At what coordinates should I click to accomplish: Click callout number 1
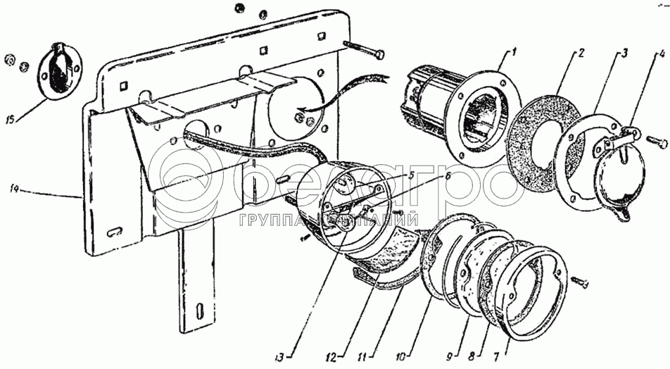pos(514,51)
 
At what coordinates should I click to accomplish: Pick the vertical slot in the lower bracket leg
pos(201,310)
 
